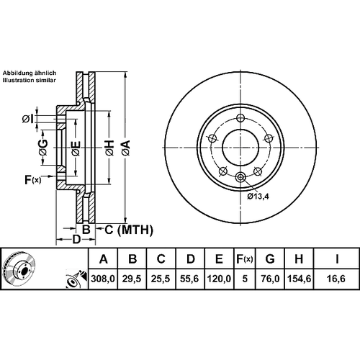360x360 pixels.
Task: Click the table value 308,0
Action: click(103, 279)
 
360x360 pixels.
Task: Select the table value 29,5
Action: click(132, 279)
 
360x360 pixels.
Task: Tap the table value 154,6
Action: click(299, 279)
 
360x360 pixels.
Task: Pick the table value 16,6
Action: click(336, 279)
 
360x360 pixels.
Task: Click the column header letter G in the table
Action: click(270, 259)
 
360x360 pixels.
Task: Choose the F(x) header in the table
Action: click(245, 259)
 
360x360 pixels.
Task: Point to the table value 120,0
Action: click(219, 279)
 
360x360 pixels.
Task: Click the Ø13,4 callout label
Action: click(258, 197)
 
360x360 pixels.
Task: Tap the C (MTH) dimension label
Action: click(129, 230)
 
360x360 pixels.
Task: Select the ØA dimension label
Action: click(125, 148)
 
